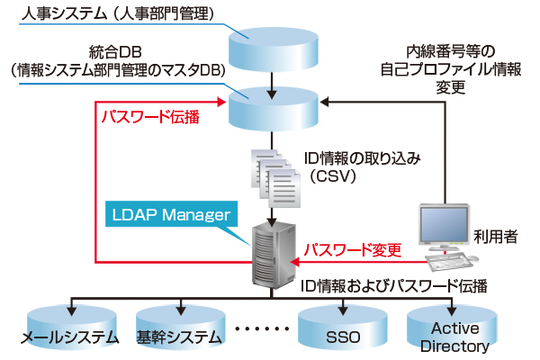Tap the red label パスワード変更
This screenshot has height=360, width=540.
coord(350,247)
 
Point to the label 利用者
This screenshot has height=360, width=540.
coord(494,238)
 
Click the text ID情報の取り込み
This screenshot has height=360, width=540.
coord(364,157)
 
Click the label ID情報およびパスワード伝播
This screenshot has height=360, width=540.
coord(397,286)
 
